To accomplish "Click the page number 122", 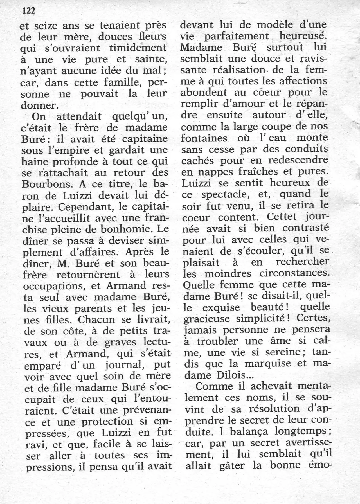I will click(x=28, y=11).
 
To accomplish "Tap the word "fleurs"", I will click(x=152, y=37).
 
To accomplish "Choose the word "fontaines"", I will click(x=204, y=138).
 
